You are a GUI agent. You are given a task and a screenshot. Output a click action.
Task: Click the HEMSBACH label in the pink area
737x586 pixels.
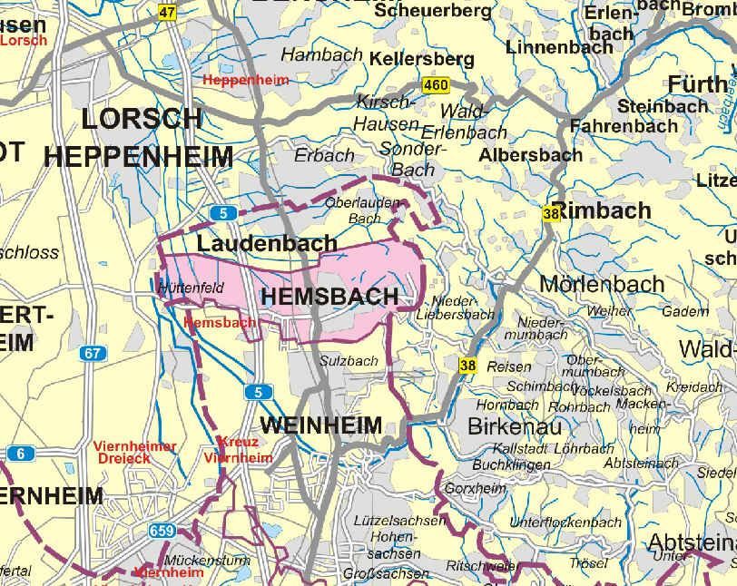[329, 297]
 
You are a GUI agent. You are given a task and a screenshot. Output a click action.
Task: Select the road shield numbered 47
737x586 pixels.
[167, 12]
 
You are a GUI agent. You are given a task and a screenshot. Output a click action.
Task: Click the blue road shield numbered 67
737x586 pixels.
[93, 353]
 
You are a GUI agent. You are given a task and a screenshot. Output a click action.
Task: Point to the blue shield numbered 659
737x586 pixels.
[162, 531]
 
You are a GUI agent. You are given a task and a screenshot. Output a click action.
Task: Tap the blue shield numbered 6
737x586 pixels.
[20, 453]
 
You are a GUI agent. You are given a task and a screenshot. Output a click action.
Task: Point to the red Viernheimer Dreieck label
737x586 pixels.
[135, 452]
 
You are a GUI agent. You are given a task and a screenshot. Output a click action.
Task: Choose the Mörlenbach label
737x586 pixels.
[602, 283]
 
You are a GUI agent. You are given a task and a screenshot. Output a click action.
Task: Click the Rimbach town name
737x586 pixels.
[603, 211]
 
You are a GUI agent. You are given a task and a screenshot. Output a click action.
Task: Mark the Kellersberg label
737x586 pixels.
[422, 59]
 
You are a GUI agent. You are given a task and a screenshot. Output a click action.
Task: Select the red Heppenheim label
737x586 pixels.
[245, 80]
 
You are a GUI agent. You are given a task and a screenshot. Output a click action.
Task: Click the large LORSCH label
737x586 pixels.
[142, 118]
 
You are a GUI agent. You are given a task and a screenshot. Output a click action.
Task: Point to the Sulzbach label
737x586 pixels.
[349, 361]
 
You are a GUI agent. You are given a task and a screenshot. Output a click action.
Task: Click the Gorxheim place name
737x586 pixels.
[476, 488]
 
